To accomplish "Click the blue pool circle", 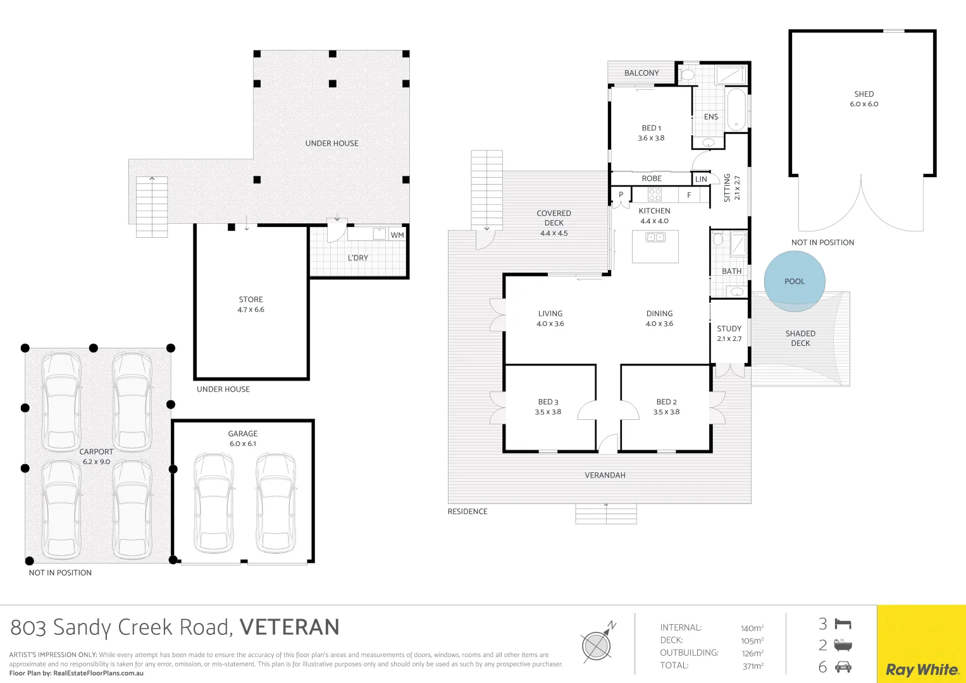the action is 795,281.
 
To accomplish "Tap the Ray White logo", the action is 922,670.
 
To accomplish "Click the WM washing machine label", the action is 397,235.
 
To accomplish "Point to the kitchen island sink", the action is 655,237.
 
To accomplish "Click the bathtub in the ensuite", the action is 736,109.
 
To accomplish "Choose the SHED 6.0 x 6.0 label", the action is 864,99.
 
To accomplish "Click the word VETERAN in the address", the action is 289,627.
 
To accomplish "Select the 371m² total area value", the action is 753,666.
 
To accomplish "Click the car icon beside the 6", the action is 843,667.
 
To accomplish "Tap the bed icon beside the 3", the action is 843,624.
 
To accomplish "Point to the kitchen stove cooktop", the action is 655,195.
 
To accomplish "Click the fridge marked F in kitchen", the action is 689,195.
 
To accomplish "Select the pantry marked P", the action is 621,195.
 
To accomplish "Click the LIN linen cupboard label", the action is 701,179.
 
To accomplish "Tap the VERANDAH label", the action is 605,475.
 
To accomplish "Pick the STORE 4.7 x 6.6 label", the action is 251,304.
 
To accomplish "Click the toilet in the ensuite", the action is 687,74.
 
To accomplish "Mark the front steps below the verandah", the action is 606,514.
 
